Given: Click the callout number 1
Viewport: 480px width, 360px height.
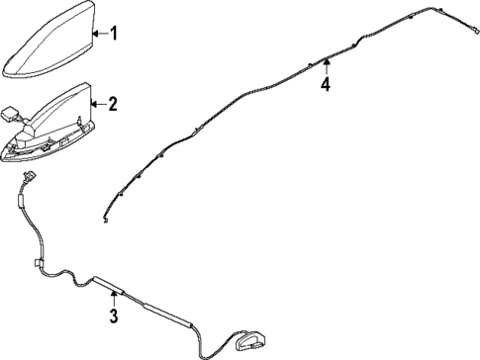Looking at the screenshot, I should tap(113, 35).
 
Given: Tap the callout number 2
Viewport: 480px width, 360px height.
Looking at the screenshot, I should tap(113, 103).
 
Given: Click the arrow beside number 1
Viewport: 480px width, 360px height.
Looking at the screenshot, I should tap(97, 35).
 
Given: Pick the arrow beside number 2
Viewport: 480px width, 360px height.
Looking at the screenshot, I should tap(97, 103).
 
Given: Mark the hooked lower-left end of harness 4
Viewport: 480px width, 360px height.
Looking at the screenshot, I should tap(106, 221).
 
